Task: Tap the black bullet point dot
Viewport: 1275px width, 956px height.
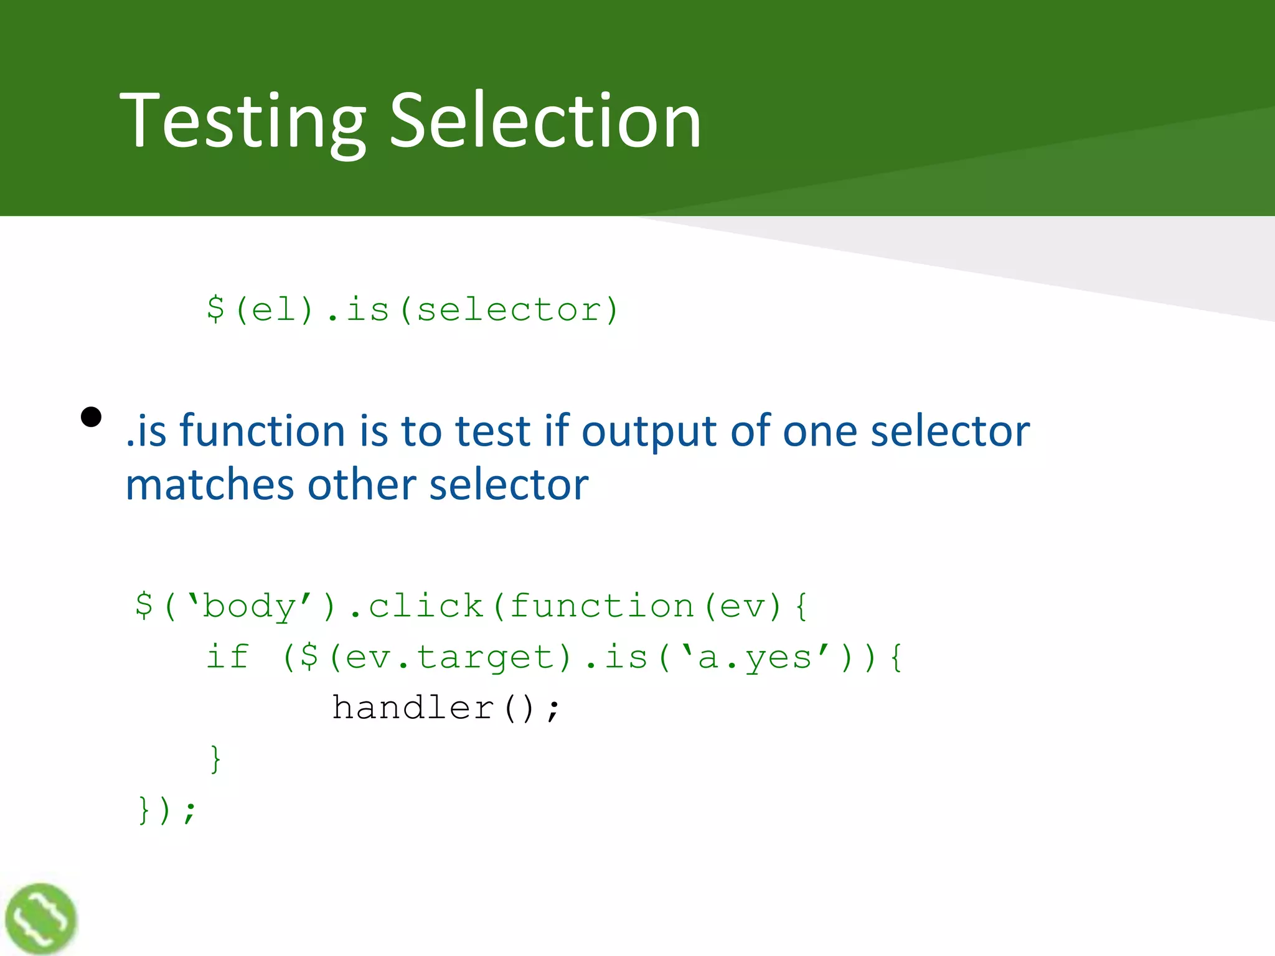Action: click(92, 417)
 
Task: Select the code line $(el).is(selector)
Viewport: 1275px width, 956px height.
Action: click(413, 310)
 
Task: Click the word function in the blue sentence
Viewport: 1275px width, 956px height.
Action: click(262, 431)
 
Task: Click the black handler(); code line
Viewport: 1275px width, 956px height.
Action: click(446, 708)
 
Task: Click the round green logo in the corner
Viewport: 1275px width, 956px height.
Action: click(41, 919)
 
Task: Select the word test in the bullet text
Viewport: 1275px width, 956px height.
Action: click(492, 431)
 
